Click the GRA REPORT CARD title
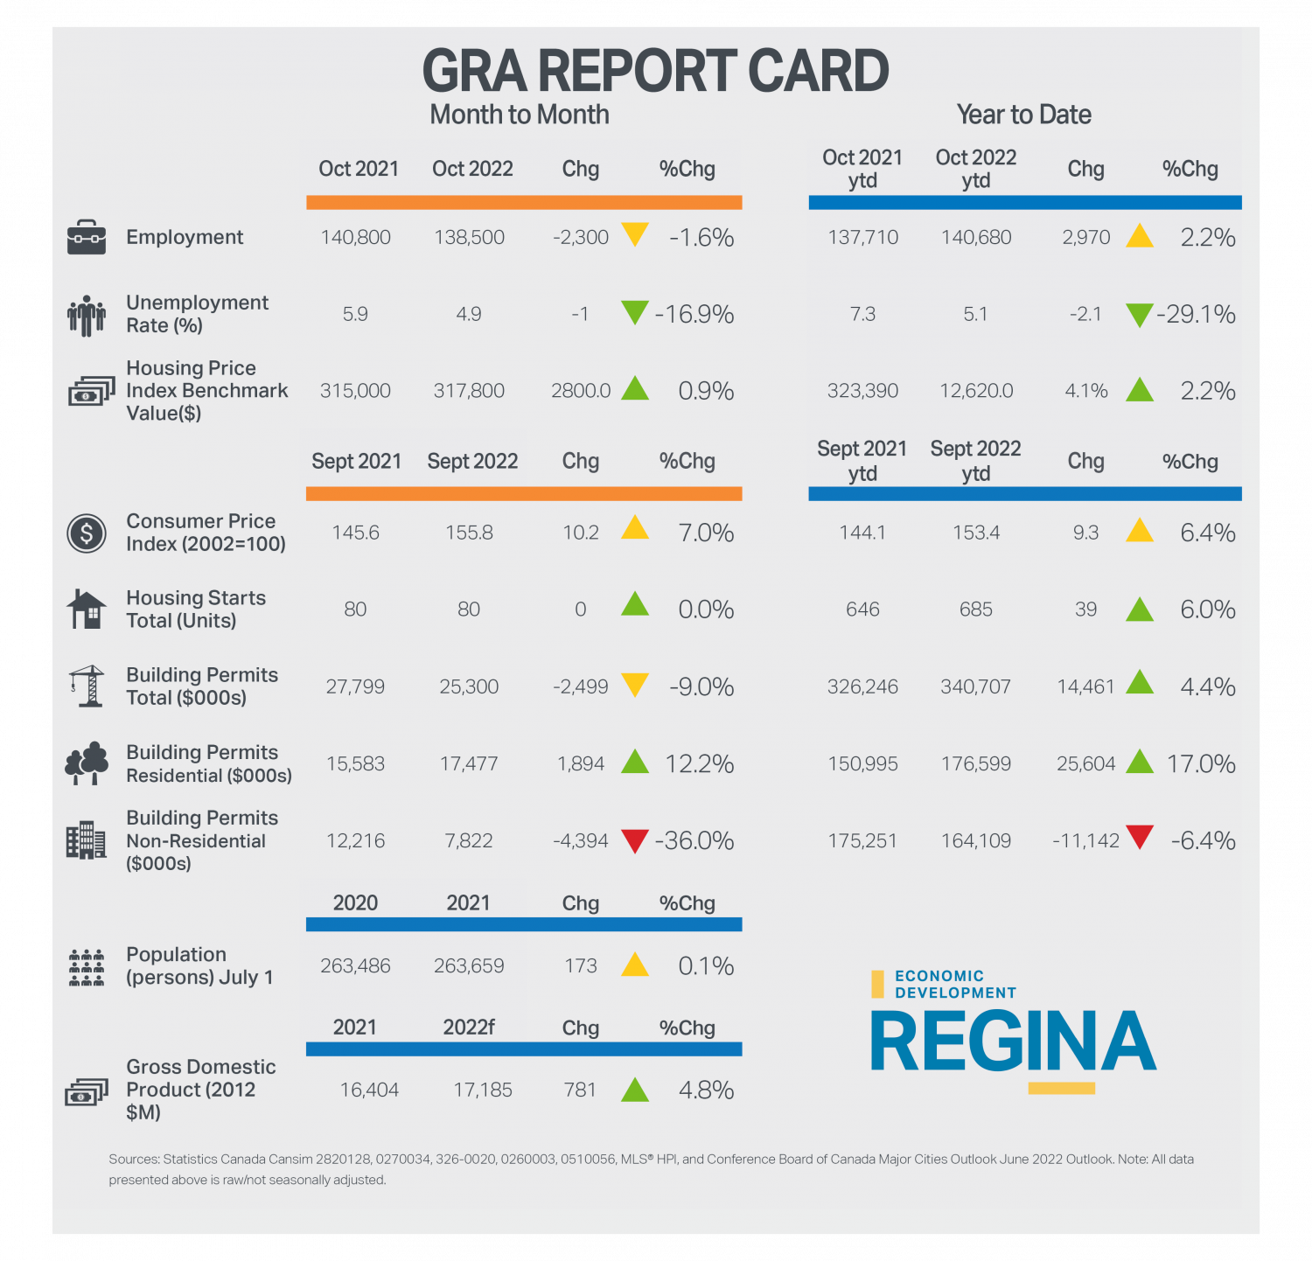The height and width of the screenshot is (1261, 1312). pyautogui.click(x=655, y=72)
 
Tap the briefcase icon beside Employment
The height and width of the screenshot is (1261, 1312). pyautogui.click(x=87, y=237)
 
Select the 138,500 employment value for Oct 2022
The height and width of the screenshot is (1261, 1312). pyautogui.click(x=469, y=237)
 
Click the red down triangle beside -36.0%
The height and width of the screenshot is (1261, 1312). pyautogui.click(x=634, y=840)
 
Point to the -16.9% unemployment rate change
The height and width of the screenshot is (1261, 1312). pyautogui.click(x=694, y=314)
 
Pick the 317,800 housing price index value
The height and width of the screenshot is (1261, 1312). pyautogui.click(x=469, y=391)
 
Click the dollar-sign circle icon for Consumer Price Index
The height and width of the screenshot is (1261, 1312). pyautogui.click(x=87, y=533)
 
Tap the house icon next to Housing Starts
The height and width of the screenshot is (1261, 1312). pyautogui.click(x=87, y=609)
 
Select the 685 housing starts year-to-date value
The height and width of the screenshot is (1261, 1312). pyautogui.click(x=975, y=610)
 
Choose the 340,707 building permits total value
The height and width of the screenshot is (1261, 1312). pyautogui.click(x=975, y=686)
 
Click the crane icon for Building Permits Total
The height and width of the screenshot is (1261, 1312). pyautogui.click(x=87, y=686)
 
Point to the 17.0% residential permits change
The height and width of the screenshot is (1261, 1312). pyautogui.click(x=1201, y=763)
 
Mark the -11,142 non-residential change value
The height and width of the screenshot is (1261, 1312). pyautogui.click(x=1085, y=840)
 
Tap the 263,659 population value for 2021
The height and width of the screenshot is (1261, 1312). pyautogui.click(x=469, y=965)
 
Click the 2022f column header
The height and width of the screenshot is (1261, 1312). pyautogui.click(x=469, y=1028)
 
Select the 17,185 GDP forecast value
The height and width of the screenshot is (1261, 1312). pyautogui.click(x=483, y=1090)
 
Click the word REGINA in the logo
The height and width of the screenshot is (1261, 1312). pyautogui.click(x=1013, y=1042)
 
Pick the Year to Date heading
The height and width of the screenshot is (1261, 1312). pyautogui.click(x=1023, y=115)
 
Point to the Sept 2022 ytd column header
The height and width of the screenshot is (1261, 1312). pyautogui.click(x=975, y=461)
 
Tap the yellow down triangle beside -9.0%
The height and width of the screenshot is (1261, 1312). pyautogui.click(x=634, y=684)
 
